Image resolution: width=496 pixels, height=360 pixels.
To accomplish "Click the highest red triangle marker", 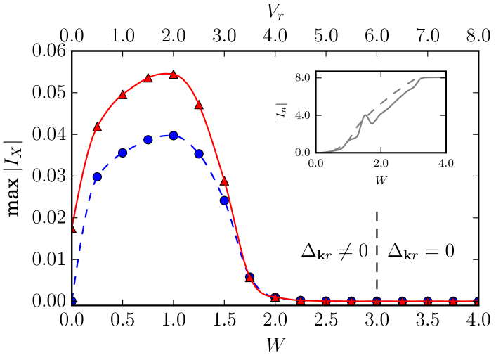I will tap(174, 74).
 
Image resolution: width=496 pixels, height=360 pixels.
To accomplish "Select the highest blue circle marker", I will tap(174, 135).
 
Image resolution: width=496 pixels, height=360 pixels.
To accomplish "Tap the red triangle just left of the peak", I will tap(148, 77).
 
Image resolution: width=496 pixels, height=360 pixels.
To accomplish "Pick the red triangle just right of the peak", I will tap(199, 105).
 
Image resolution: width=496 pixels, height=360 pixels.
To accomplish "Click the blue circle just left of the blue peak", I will tap(148, 140).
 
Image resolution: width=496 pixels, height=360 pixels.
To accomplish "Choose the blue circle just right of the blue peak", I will tap(199, 153).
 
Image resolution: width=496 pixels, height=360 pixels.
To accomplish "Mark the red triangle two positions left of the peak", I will tap(122, 94).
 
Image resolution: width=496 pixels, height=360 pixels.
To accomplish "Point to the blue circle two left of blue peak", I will tap(122, 153).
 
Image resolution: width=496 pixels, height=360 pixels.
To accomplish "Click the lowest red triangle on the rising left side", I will tap(97, 127).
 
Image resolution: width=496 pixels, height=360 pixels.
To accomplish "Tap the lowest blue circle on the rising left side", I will tap(97, 177).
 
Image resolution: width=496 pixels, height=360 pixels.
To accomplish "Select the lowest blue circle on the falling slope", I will tap(224, 200).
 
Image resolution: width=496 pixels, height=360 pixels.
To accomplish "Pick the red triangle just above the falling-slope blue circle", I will tap(224, 181).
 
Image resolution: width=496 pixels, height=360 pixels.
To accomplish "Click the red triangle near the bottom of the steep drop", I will tap(249, 277).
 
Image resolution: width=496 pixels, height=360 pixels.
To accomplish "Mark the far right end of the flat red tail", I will tap(477, 301).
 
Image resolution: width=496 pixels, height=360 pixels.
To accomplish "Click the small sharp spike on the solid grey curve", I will tap(365, 115).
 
